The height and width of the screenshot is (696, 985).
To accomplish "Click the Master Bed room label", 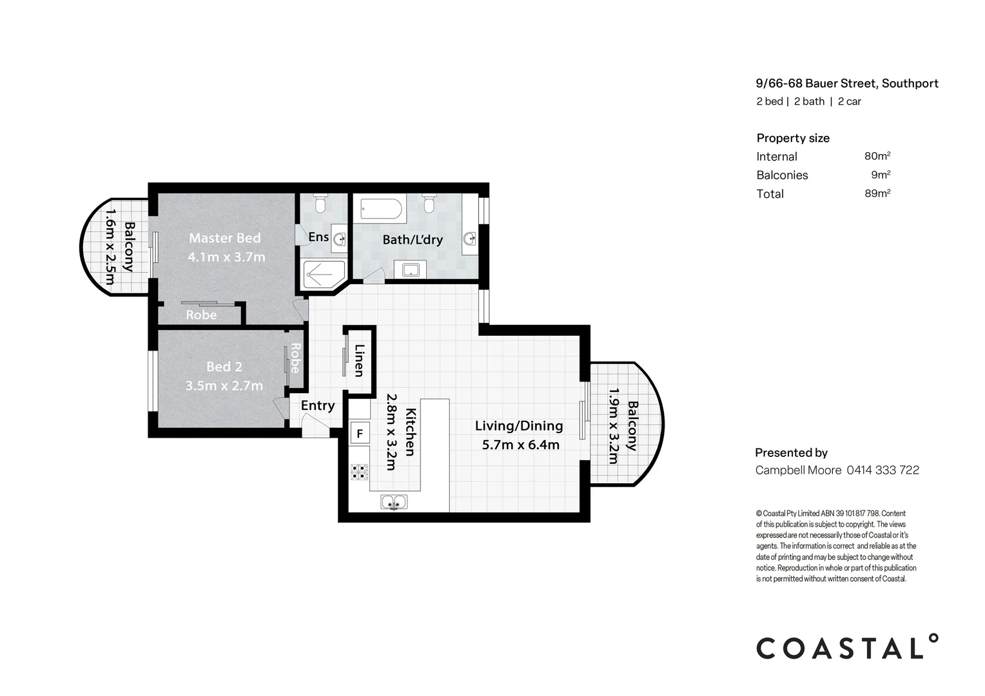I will coord(224,238).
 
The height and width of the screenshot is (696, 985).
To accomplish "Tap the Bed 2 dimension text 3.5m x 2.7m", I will coord(224,386).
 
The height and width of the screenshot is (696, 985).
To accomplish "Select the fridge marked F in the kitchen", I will coord(360,434).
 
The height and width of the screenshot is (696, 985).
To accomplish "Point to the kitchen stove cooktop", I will coord(359,472).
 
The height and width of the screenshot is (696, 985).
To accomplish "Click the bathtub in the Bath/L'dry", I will coord(381,209).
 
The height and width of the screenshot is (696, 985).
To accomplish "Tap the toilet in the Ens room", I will coord(320,204).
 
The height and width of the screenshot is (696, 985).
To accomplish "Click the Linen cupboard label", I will coord(359,360).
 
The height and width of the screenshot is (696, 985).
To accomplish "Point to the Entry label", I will coord(317,405).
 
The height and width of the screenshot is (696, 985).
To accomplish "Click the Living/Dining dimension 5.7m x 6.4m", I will coord(520,445).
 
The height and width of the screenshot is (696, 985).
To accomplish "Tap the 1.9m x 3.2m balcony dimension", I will coord(613,426).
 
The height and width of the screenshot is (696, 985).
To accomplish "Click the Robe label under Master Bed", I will coord(201,315).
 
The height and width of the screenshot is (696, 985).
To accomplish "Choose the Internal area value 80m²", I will coord(877,156).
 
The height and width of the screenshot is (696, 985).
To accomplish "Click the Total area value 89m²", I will coord(877,193).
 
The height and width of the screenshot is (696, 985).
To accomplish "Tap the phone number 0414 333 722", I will coord(883,470).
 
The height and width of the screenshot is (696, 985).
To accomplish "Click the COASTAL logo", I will coord(846,648).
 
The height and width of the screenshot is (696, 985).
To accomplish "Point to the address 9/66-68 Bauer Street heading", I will coord(846,83).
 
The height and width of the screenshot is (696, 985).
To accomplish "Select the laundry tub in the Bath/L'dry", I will coord(411,269).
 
